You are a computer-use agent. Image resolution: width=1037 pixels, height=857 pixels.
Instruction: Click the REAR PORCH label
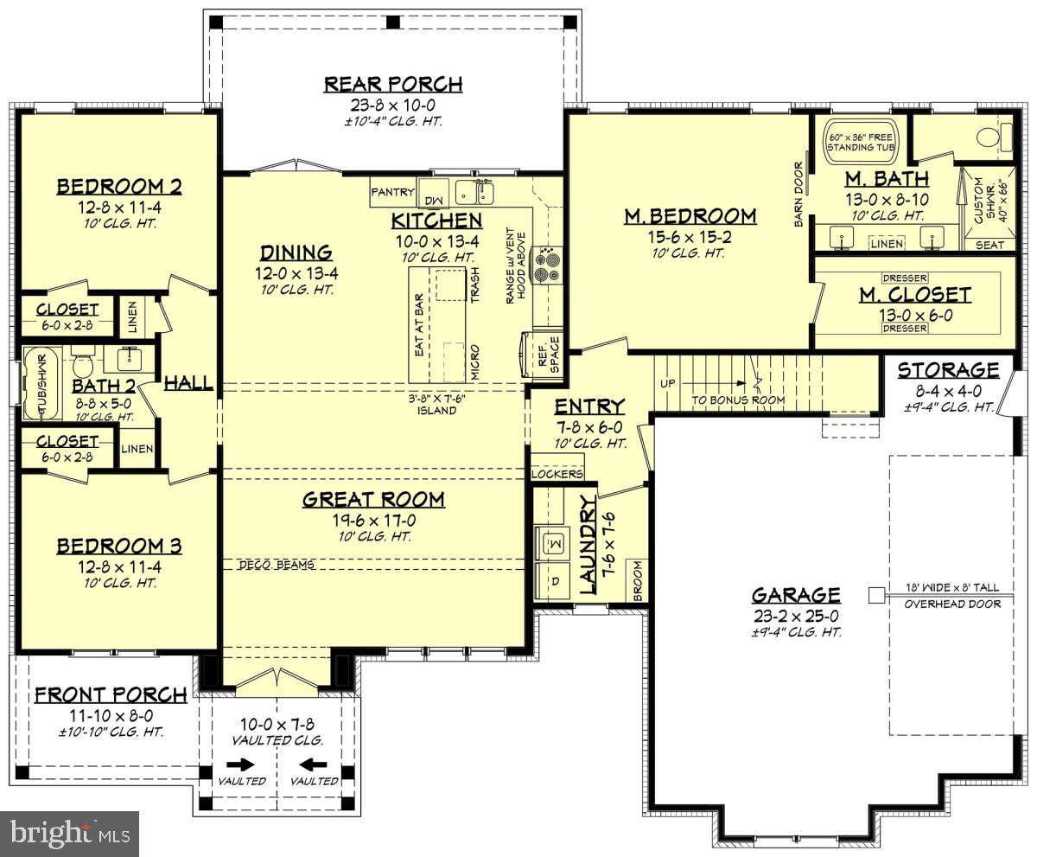pyautogui.click(x=393, y=85)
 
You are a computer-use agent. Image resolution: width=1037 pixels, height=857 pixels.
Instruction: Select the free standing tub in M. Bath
pyautogui.click(x=861, y=142)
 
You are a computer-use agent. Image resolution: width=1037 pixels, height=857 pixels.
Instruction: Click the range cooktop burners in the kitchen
pyautogui.click(x=547, y=265)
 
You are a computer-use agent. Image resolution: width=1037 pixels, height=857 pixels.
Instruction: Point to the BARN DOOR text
pyautogui.click(x=798, y=195)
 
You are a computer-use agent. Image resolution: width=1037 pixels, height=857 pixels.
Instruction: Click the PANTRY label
pyautogui.click(x=392, y=192)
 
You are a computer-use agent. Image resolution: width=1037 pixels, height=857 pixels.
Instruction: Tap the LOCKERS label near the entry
pyautogui.click(x=557, y=474)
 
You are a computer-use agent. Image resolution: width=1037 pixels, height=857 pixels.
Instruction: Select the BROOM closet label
pyautogui.click(x=639, y=580)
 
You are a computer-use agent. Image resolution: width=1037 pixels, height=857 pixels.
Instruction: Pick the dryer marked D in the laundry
pyautogui.click(x=553, y=581)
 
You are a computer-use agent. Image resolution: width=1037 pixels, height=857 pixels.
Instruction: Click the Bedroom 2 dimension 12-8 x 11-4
pyautogui.click(x=119, y=208)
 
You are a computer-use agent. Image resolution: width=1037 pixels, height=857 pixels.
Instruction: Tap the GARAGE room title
pyautogui.click(x=796, y=595)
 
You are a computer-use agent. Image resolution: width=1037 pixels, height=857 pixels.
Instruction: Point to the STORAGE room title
pyautogui.click(x=948, y=370)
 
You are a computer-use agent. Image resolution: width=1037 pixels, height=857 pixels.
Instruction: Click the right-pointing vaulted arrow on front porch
pyautogui.click(x=241, y=764)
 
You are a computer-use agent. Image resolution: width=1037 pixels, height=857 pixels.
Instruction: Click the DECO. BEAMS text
pyautogui.click(x=277, y=565)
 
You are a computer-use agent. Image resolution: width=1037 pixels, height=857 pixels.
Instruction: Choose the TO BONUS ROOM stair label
pyautogui.click(x=739, y=400)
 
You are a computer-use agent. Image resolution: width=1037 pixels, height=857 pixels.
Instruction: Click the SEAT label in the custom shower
pyautogui.click(x=989, y=245)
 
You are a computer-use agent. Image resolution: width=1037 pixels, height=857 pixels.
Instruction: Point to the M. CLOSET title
pyautogui.click(x=915, y=295)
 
